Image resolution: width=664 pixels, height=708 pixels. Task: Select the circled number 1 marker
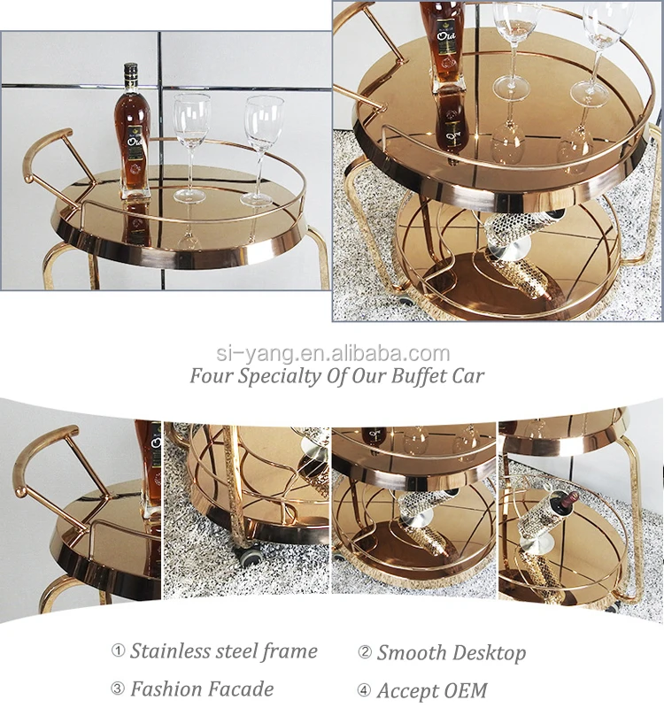[x=118, y=651]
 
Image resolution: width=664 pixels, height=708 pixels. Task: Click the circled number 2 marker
[x=365, y=653]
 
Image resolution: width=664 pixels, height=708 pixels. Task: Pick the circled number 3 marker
[x=118, y=689]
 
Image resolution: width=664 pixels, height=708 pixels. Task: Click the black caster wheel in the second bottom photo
[x=251, y=557]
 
